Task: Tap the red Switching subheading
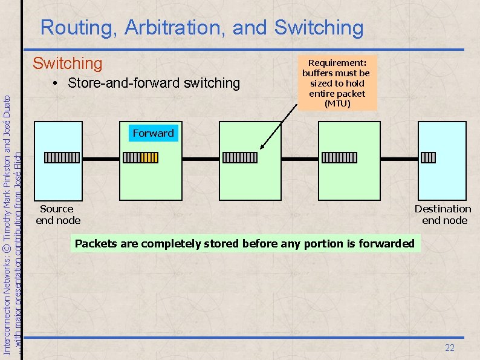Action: pos(67,63)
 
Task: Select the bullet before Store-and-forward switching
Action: pos(54,83)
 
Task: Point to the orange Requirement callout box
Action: pos(336,83)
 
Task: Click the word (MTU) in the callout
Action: pos(337,103)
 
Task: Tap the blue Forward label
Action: pos(153,133)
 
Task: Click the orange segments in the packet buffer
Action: pos(149,158)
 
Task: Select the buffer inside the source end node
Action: pos(57,158)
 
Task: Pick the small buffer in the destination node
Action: pos(428,158)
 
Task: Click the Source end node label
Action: pos(57,214)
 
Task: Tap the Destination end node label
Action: pos(444,214)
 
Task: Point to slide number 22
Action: pos(449,347)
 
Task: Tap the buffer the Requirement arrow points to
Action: pos(240,158)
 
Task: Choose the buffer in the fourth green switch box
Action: pos(339,158)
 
